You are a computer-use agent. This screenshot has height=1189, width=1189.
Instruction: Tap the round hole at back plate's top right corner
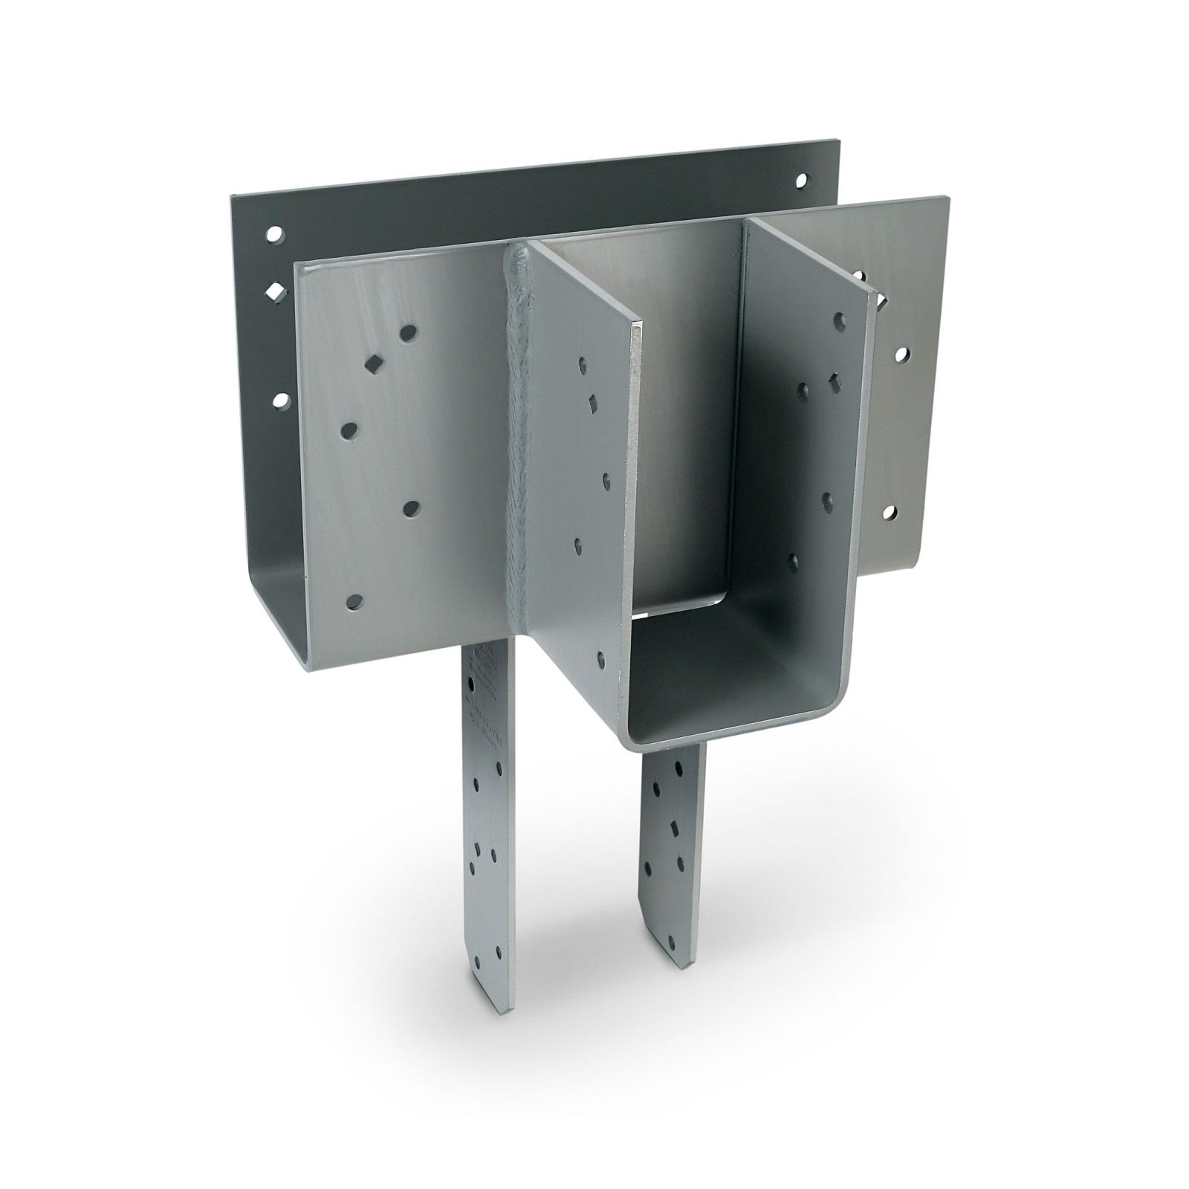coord(800,180)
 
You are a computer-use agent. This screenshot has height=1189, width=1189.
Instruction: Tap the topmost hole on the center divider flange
coord(581,364)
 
